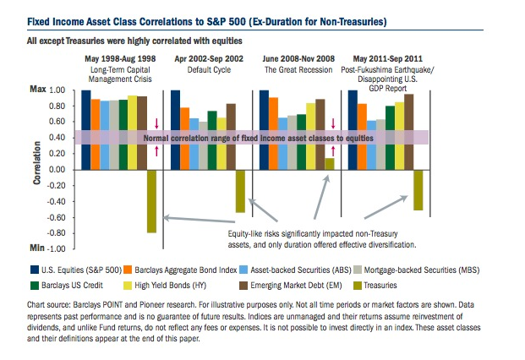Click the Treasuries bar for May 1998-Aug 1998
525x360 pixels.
point(152,201)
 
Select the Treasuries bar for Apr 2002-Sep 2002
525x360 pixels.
point(240,191)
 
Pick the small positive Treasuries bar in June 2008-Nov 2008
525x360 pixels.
point(329,164)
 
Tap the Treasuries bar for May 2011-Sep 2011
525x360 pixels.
point(417,190)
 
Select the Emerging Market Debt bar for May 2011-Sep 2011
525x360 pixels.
point(409,132)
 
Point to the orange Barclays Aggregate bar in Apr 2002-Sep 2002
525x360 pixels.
point(184,139)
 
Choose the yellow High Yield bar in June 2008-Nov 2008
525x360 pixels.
point(310,136)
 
